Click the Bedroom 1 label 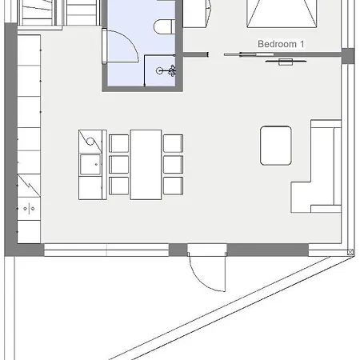point(281,44)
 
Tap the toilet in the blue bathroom point(165,26)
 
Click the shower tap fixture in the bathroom point(166,70)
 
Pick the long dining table point(146,165)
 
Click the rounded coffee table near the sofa point(276,146)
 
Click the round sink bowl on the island point(90,141)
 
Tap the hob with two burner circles point(29,209)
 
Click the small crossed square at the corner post point(350,252)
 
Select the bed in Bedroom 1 point(282,14)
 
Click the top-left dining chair point(119,143)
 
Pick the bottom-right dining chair point(173,186)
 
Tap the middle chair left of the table point(119,165)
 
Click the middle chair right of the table point(173,165)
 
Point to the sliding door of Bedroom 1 point(250,54)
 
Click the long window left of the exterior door point(106,250)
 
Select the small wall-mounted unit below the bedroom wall point(286,62)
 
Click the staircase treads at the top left point(58,13)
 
